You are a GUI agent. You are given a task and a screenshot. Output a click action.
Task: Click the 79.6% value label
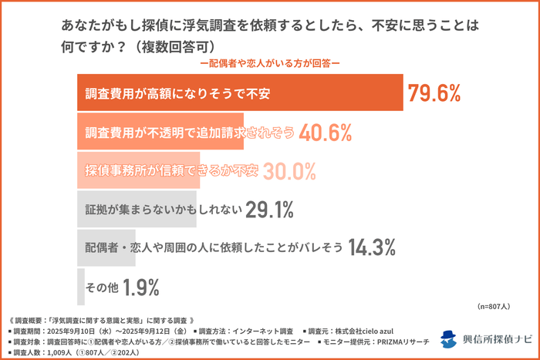pyautogui.click(x=434, y=94)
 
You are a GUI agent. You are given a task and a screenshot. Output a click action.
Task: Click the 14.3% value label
pyautogui.click(x=372, y=247)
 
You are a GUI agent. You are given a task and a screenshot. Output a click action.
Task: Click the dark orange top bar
pyautogui.click(x=240, y=94)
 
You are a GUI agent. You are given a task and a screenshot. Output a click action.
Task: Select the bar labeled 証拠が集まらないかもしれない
pyautogui.click(x=137, y=208)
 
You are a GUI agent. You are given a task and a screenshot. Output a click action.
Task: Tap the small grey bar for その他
pyautogui.click(x=80, y=287)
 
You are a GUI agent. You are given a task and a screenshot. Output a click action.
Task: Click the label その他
pyautogui.click(x=102, y=287)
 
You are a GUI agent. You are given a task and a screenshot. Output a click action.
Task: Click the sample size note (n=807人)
pyautogui.click(x=493, y=306)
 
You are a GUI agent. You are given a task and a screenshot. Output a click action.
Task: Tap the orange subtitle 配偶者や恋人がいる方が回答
pyautogui.click(x=269, y=64)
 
